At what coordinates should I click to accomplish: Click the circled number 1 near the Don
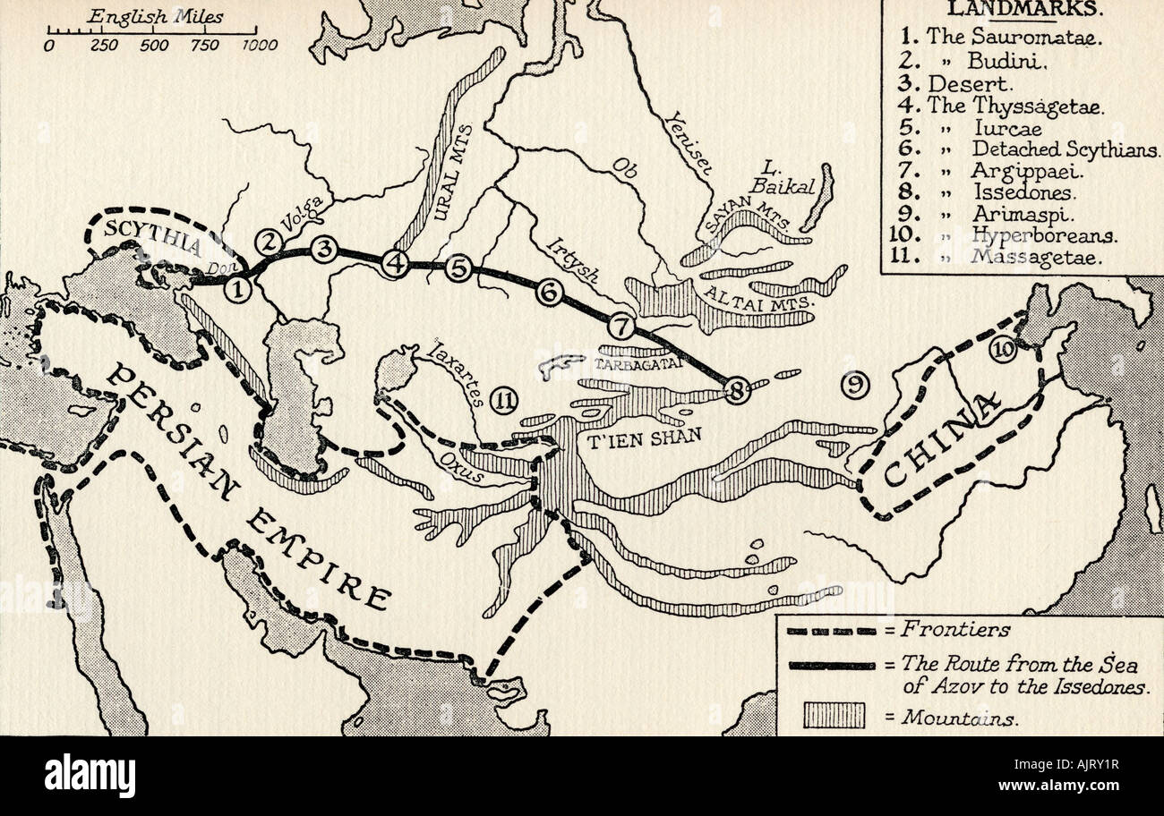click(238, 288)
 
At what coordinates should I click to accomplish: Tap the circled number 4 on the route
click(395, 263)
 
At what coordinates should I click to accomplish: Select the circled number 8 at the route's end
click(737, 390)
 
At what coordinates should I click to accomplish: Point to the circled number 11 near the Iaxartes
click(505, 402)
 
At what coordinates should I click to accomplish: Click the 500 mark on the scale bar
click(154, 45)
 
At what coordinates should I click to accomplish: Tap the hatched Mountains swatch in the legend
click(834, 716)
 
